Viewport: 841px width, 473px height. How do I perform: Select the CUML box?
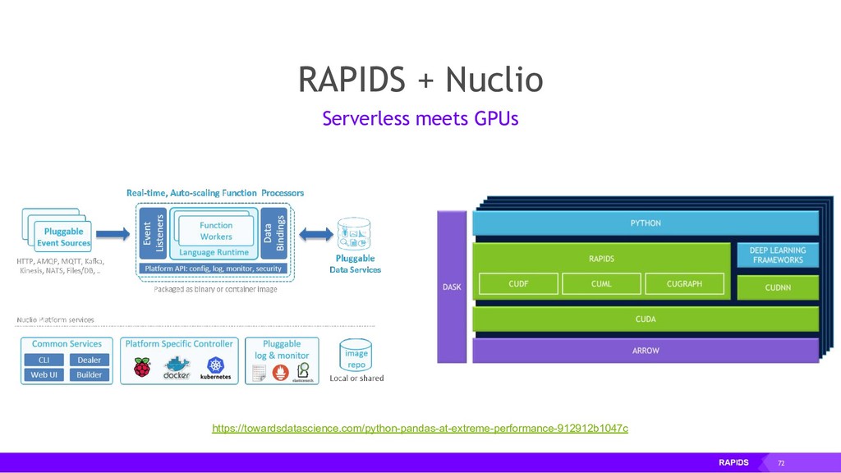[x=600, y=284]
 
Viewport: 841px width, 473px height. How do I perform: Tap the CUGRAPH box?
[x=684, y=284]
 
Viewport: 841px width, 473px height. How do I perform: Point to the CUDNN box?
[x=778, y=288]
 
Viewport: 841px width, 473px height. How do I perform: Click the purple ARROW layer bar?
[x=646, y=351]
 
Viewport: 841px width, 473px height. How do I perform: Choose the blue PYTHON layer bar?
[x=646, y=223]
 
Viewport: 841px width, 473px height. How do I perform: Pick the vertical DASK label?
[x=452, y=287]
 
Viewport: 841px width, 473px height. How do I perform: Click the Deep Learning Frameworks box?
[x=778, y=255]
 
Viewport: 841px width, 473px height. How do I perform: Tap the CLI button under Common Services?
[x=44, y=360]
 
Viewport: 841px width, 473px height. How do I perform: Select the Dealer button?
[x=89, y=360]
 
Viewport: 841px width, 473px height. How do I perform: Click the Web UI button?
[x=44, y=374]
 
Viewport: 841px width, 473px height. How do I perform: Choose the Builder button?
[x=89, y=374]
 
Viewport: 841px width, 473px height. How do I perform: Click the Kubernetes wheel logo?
[x=216, y=364]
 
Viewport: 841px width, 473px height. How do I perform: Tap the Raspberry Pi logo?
[x=142, y=366]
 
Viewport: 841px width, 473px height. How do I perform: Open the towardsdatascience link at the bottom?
[x=420, y=429]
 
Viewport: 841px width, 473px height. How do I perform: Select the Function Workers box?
[x=216, y=230]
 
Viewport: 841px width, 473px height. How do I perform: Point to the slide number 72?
[x=781, y=463]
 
